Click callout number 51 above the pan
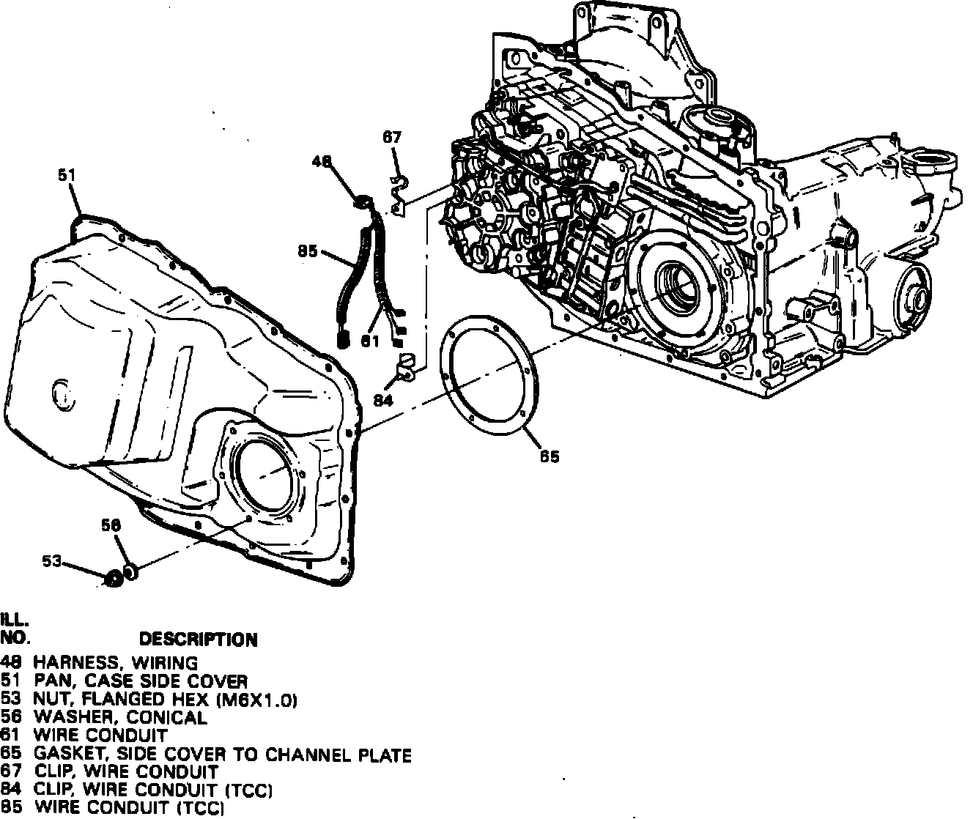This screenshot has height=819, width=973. tap(67, 175)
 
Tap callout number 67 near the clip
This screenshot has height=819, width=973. tap(392, 137)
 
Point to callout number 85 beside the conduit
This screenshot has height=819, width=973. tap(308, 251)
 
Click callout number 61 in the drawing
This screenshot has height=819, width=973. tap(369, 339)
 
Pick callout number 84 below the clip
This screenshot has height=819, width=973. tap(382, 399)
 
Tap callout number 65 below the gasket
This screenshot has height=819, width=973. tap(550, 456)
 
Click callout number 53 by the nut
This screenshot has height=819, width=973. tap(51, 561)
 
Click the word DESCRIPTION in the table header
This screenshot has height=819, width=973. tap(199, 640)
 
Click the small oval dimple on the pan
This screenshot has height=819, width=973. tap(64, 393)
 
